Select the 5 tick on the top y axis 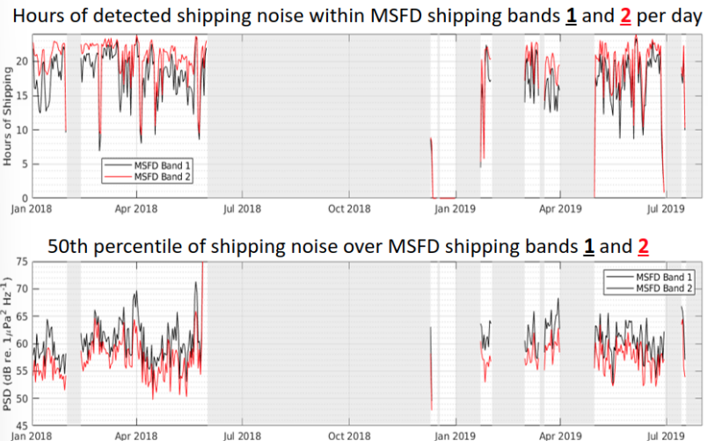tap(26, 164)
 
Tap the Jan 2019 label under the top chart tap(454, 209)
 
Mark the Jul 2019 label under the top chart tap(667, 209)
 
